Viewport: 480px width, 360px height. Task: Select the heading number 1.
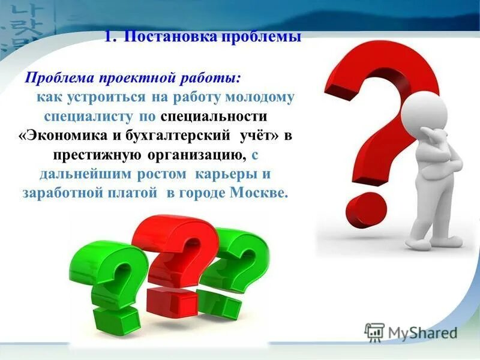[x=108, y=37]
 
